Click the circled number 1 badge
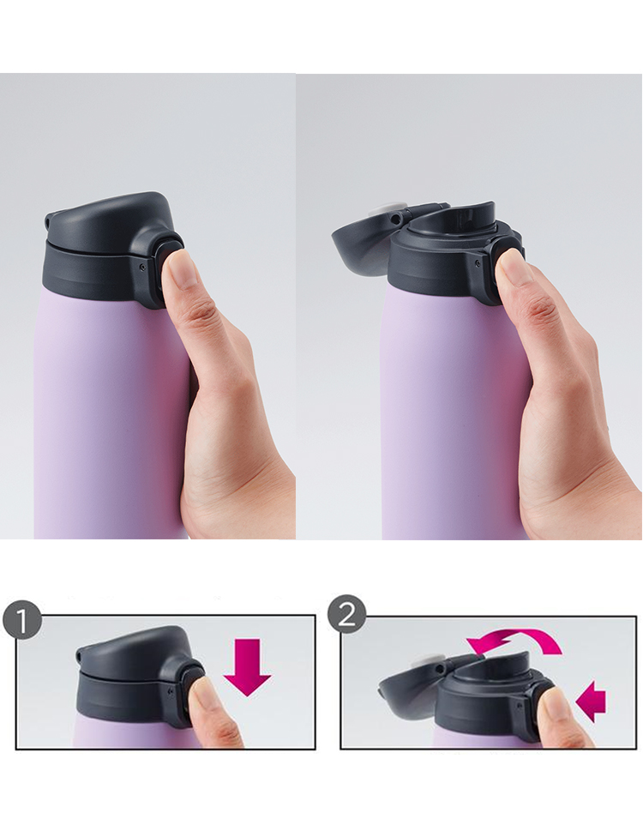point(21,623)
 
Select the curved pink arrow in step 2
point(513,641)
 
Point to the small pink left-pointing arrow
point(591,701)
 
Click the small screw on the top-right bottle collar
point(477,262)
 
